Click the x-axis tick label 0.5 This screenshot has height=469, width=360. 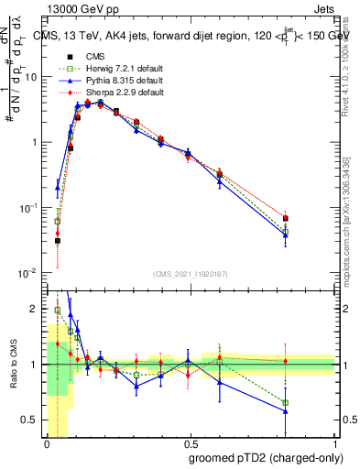pyautogui.click(x=190, y=444)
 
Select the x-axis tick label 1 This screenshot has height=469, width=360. pyautogui.click(x=335, y=444)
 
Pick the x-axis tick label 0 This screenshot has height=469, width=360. pyautogui.click(x=46, y=444)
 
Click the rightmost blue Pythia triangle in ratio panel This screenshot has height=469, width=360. pyautogui.click(x=286, y=411)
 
